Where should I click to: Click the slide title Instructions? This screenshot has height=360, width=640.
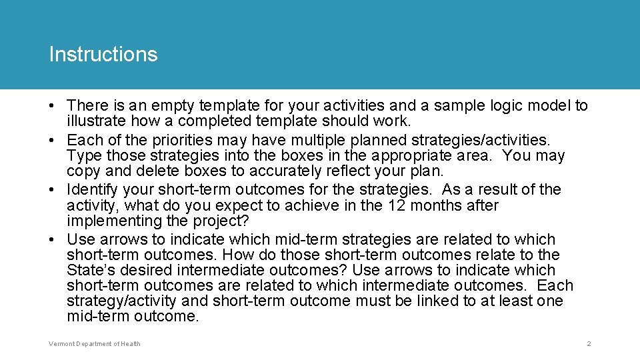coord(103,54)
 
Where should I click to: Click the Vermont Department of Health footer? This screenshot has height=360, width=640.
coord(95,344)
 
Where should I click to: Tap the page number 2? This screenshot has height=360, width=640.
coord(589,344)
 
